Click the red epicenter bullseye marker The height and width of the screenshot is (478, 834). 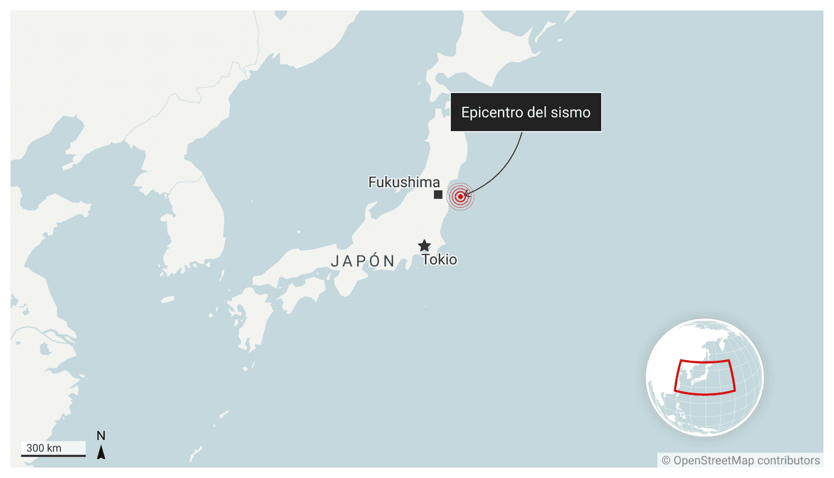point(461,196)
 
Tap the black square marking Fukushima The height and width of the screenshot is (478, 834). point(439,195)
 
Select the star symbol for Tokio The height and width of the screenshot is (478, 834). point(424,246)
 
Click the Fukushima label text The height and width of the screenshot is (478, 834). point(404,182)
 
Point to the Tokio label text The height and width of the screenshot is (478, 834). point(439,260)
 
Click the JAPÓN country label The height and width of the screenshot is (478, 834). point(363,262)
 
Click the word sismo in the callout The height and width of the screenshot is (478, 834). point(573,112)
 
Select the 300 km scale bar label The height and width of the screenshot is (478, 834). point(44,448)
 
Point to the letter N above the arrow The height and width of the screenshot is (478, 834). point(101,436)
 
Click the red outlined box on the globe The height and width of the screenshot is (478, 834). point(705,377)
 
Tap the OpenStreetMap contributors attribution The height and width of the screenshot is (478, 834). point(740,460)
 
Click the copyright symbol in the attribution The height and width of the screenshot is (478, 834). point(666,460)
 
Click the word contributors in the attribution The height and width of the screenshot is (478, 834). point(788,460)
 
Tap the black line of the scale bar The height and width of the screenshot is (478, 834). point(53,455)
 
